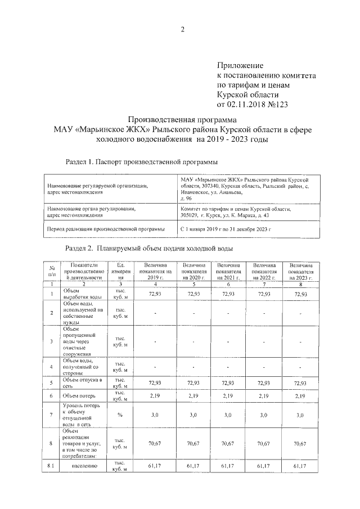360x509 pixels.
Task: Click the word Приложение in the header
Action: (240, 66)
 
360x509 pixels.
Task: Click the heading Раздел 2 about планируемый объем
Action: (148, 247)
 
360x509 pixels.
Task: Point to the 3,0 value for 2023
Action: (300, 415)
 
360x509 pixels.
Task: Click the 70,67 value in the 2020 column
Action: (193, 444)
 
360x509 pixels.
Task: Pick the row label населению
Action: (82, 466)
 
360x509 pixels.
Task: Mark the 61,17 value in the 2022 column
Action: (264, 466)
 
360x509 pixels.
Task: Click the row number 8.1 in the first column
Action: (51, 466)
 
